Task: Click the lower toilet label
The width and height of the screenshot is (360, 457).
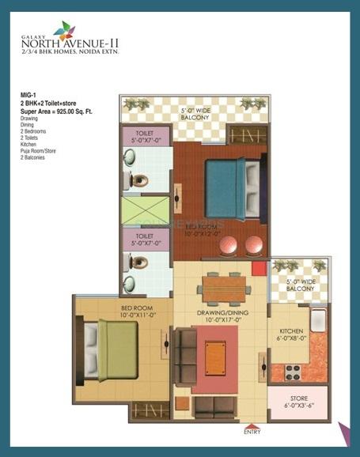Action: coord(144,240)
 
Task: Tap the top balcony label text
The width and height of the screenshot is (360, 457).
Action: coord(194,113)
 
